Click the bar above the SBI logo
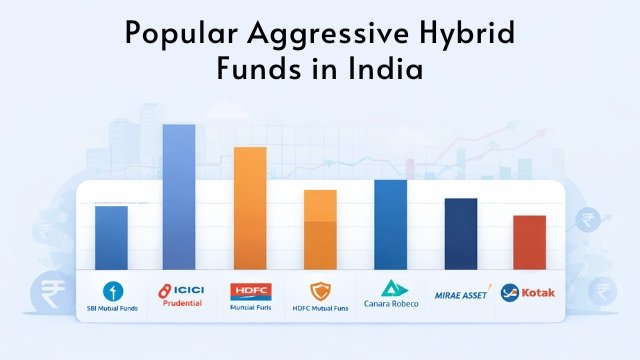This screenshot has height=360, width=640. pos(111,237)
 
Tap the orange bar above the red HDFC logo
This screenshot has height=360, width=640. pos(250,208)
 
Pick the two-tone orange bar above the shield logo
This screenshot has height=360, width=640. pos(320,229)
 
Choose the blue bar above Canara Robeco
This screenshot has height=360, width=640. pos(390,224)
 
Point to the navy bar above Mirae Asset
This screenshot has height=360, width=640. pos(460,233)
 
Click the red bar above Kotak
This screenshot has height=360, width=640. pos(529,242)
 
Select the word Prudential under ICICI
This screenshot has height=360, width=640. pos(181,303)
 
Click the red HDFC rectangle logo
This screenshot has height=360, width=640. pos(250,291)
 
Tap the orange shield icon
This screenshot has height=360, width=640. pos(320,292)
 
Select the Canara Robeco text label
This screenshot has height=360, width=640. pos(390,306)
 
